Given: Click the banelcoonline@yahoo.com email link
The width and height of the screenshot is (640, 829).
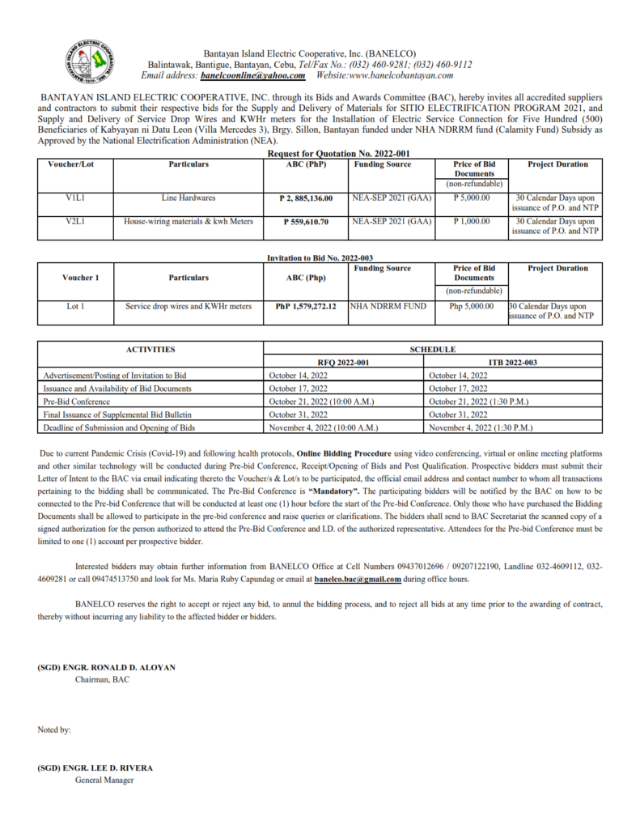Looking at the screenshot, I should [x=252, y=75].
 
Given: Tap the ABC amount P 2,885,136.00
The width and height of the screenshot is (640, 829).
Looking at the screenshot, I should [x=305, y=198].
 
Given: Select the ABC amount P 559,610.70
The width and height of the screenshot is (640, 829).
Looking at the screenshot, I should [x=305, y=221].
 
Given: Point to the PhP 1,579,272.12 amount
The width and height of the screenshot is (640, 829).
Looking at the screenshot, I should [x=305, y=307].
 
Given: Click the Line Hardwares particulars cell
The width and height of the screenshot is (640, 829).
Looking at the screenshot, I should [x=189, y=198].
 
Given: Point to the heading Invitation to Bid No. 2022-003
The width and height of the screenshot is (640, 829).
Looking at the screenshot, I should [x=320, y=257].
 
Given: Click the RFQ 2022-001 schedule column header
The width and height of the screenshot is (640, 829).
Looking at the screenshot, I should [x=344, y=362].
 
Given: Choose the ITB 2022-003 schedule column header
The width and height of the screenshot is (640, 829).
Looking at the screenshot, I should [x=513, y=362].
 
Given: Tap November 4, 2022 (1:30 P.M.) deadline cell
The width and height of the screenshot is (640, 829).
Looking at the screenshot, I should [x=481, y=427].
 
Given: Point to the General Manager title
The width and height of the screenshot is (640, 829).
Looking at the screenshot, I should [x=104, y=780].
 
